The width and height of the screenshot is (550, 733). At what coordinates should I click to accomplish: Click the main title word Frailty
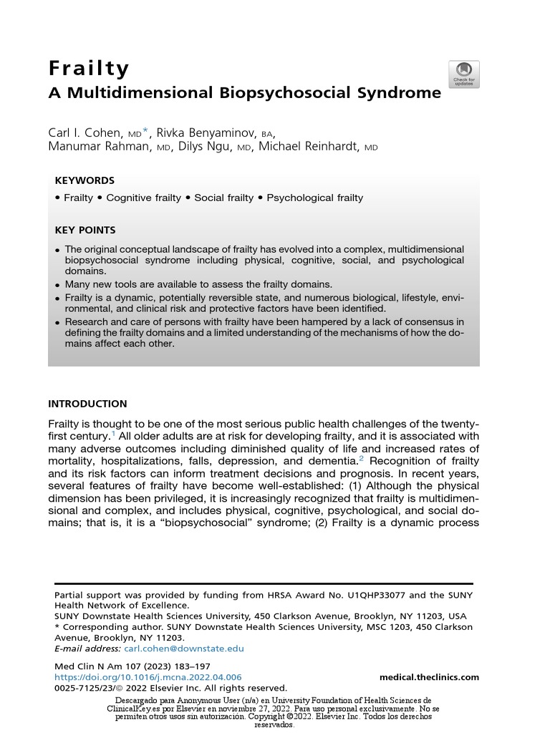tap(89, 69)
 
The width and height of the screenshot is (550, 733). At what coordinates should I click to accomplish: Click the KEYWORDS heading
tap(85, 180)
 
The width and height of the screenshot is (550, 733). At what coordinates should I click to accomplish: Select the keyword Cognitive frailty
tap(143, 198)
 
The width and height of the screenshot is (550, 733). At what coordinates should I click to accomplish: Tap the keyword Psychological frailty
tap(314, 198)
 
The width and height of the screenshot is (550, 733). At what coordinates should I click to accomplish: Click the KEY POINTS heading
tap(85, 230)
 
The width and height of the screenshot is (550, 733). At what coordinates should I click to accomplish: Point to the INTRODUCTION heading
tap(87, 404)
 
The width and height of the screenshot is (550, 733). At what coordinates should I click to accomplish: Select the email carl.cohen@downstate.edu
tap(184, 649)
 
